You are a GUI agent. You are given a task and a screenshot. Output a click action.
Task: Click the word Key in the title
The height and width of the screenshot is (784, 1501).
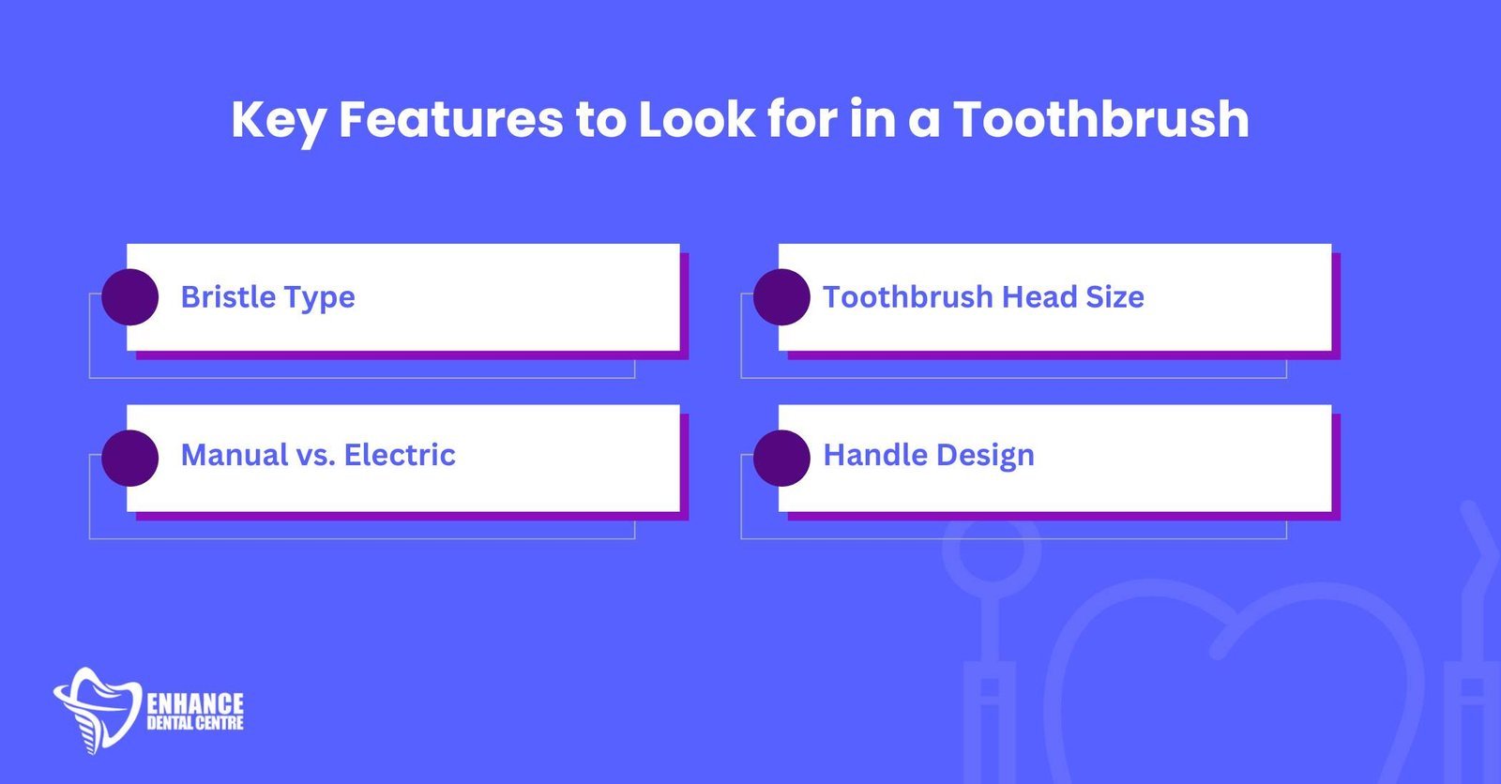pos(279,121)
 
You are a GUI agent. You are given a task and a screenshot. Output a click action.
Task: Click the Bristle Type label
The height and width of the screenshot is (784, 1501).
pos(268,297)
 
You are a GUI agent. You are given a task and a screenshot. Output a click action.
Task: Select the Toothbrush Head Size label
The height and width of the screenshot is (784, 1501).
pos(983,297)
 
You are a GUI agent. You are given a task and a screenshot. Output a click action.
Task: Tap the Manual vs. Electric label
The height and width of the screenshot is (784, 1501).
pos(318,455)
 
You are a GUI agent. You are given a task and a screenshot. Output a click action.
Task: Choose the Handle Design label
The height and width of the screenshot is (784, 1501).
pos(928,456)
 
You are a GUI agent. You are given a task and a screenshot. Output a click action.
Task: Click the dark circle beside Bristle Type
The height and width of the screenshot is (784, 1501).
pos(130,297)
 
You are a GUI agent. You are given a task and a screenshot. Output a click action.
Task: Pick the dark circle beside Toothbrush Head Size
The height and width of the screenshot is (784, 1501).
pos(781,297)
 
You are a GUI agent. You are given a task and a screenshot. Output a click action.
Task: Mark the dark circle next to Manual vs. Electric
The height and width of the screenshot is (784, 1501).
pos(130,458)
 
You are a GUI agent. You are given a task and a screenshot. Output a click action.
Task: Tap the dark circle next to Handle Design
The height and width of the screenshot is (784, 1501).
pos(781,458)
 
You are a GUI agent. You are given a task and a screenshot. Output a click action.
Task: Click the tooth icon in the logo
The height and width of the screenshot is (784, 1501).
pos(98,710)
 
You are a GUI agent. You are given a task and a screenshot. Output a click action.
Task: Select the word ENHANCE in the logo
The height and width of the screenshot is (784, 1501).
pos(195,703)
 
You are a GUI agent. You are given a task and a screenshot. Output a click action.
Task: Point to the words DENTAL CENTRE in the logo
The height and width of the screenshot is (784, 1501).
pos(195,723)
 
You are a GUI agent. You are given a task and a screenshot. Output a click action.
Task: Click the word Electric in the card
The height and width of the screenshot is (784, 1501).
pos(400,455)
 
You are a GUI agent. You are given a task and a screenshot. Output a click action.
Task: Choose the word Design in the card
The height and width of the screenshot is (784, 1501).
pos(985,456)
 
